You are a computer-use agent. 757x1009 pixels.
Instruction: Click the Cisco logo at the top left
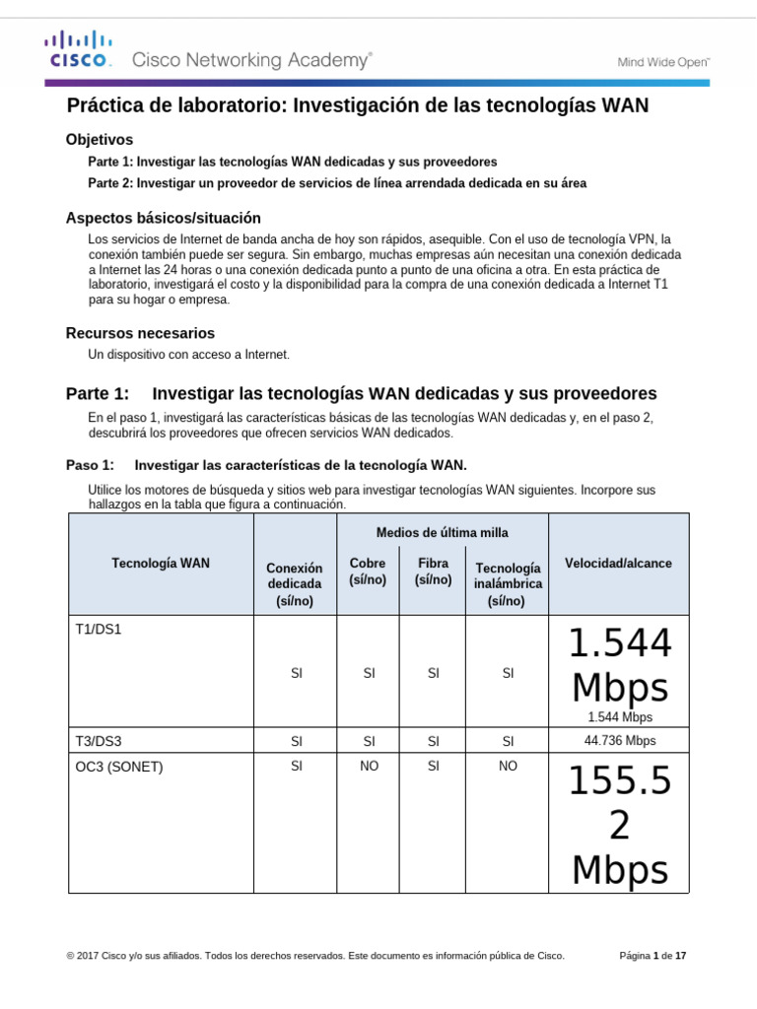(78, 49)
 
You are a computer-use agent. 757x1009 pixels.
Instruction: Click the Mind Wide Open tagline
(663, 61)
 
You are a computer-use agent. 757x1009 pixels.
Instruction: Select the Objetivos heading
(99, 140)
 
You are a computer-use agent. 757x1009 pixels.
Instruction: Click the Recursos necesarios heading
(140, 333)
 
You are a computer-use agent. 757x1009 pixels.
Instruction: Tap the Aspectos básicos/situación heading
(163, 218)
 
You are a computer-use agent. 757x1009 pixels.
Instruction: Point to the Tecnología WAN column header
(161, 564)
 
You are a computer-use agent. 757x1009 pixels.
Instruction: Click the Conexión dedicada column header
(295, 584)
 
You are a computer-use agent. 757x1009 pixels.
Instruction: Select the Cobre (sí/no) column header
(368, 572)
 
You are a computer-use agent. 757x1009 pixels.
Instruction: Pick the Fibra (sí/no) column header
(433, 572)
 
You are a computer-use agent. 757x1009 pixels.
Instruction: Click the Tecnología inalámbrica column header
(508, 584)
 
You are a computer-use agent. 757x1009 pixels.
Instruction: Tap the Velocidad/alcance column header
(618, 564)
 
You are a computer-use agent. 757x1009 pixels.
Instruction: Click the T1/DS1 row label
(99, 629)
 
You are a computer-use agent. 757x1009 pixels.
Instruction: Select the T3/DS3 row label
(99, 741)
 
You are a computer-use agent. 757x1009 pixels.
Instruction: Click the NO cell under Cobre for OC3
(369, 766)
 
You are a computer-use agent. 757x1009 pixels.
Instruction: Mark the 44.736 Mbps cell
(620, 741)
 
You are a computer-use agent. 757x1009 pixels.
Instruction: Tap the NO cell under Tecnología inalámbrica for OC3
(508, 766)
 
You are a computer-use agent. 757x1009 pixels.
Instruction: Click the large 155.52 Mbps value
(620, 825)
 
